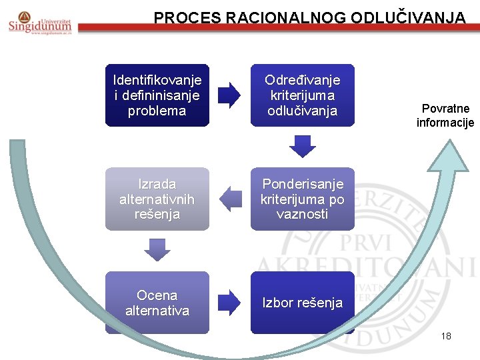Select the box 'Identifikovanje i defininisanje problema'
click(x=157, y=95)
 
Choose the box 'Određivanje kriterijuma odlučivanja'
click(x=302, y=95)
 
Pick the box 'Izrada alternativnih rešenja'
click(x=157, y=199)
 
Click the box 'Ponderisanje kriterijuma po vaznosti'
click(x=302, y=199)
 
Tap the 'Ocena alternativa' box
click(x=157, y=303)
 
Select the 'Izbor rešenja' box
click(x=302, y=303)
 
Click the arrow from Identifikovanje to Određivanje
click(x=230, y=95)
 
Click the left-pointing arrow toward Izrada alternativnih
click(x=230, y=199)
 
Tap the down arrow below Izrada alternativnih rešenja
click(x=158, y=250)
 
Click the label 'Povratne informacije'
click(x=445, y=115)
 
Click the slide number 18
click(x=446, y=336)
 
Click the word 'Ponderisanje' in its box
click(x=302, y=183)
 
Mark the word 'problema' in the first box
click(x=157, y=111)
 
